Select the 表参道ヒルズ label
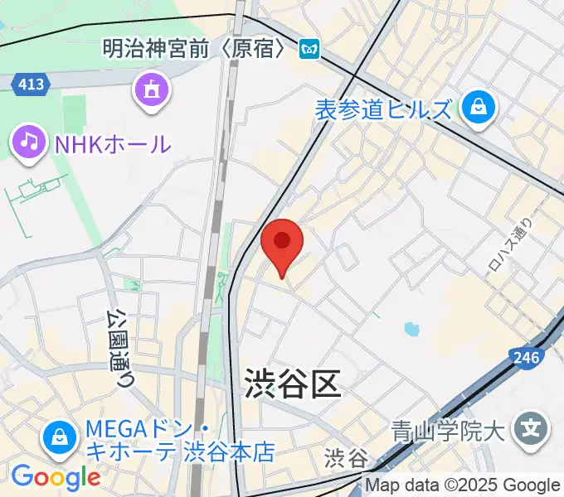pyautogui.click(x=384, y=109)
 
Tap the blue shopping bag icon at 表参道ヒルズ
pyautogui.click(x=479, y=107)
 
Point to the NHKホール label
pyautogui.click(x=113, y=144)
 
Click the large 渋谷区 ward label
pyautogui.click(x=292, y=384)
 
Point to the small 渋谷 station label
pyautogui.click(x=346, y=457)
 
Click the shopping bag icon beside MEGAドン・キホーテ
pyautogui.click(x=60, y=437)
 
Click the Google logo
pyautogui.click(x=56, y=477)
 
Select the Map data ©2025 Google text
pyautogui.click(x=463, y=485)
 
